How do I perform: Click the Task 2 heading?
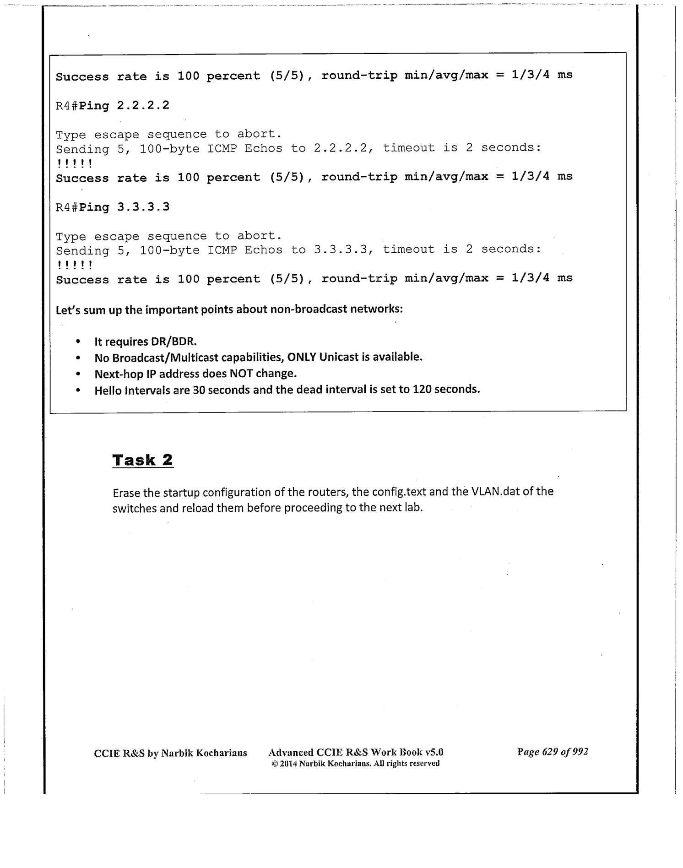click(x=143, y=460)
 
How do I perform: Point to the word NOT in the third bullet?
click(x=241, y=374)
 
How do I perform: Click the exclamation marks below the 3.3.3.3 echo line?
click(x=75, y=265)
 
